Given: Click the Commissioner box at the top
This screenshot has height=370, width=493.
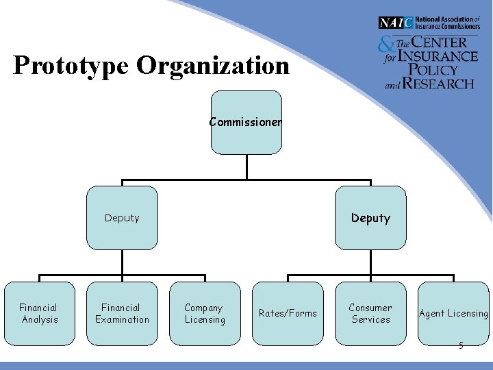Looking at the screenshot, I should coord(246,123).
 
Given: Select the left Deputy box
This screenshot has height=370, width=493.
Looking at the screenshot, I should coord(122,218).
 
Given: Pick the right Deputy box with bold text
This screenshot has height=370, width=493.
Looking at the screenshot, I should coord(370,218).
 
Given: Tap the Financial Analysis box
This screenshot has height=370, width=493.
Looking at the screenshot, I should coord(39,313).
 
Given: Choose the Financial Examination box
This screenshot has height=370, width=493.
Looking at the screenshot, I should coord(122,313).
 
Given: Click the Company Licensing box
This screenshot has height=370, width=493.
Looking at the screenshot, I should coord(205,313).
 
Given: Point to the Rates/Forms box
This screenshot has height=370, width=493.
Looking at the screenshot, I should coord(288,313).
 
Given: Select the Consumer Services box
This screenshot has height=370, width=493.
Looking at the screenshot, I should coord(370,313).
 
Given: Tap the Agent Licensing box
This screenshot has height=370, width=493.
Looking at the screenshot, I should coord(453,313).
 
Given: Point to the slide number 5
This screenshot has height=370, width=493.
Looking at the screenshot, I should coord(461,345).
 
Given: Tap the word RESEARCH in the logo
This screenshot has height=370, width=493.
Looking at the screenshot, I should coord(438,84).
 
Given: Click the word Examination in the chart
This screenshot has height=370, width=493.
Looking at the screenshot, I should coord(122,319).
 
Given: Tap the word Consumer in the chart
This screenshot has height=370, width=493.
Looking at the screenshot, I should coord(370,308).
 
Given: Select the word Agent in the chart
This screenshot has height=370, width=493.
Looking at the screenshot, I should coord(431,313).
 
